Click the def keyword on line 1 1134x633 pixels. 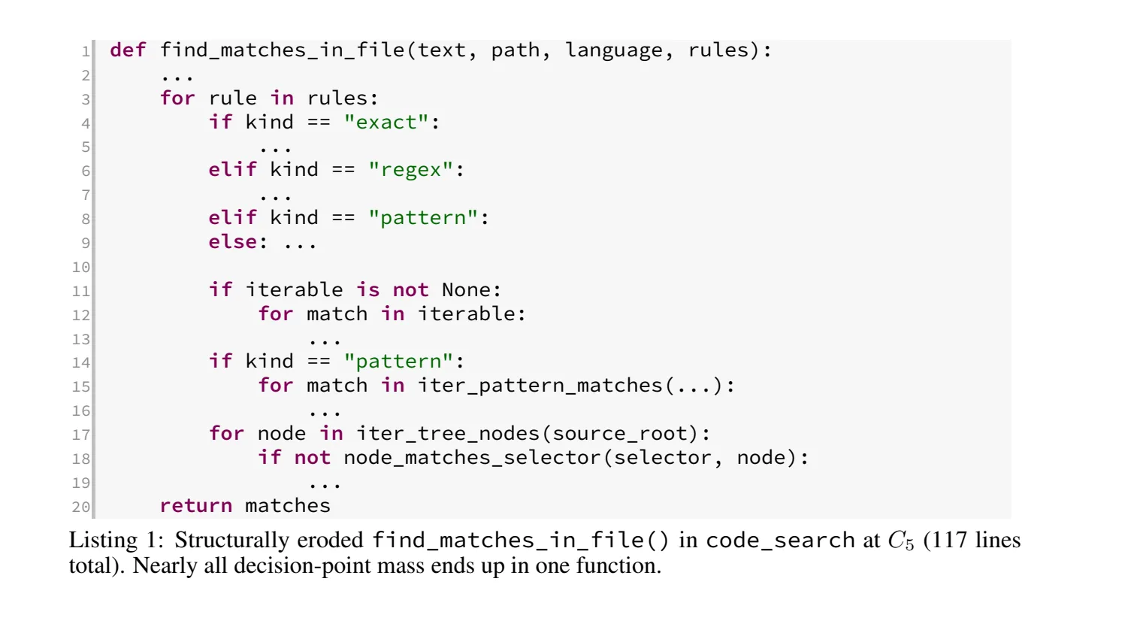(128, 50)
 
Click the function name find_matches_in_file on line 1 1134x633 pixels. (283, 50)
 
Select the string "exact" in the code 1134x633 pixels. (386, 122)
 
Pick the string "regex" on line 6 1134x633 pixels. (410, 170)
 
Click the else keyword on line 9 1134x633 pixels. (233, 241)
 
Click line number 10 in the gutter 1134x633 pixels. (81, 267)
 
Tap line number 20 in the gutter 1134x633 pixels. (81, 507)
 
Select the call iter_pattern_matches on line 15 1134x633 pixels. (540, 386)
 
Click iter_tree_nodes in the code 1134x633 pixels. (449, 434)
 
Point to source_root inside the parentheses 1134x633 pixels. (620, 434)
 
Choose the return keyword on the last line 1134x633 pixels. (196, 505)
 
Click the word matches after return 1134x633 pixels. (288, 505)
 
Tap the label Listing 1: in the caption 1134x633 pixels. (116, 541)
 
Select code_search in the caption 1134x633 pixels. (780, 541)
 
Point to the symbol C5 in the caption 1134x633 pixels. (901, 541)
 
